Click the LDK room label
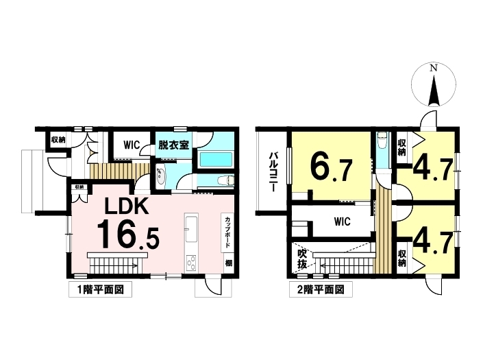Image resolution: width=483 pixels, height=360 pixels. pos(127,206)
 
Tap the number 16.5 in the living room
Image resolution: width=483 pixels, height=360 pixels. pos(128,235)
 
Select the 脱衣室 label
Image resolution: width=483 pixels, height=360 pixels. pos(173,145)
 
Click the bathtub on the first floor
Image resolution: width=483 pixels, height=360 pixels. pos(216,159)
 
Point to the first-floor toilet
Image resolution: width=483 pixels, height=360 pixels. pos(225,180)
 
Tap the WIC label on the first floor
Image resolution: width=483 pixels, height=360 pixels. pos(132,145)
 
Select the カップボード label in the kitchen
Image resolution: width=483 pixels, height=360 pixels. pos(227,232)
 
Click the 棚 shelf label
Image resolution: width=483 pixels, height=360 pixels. pos(228,263)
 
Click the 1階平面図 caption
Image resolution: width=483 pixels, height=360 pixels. pos(100,290)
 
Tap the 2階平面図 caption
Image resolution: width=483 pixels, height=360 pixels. pos(321,290)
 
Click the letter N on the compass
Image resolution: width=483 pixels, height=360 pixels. pos(434,69)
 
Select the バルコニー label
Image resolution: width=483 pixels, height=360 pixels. pos(273,171)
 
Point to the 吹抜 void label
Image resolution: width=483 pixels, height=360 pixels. pos(302,259)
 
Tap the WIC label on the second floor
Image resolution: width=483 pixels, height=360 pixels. pos(343,221)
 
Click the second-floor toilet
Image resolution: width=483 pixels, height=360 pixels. pos(382,141)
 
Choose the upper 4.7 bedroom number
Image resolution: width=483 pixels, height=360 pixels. pos(432,170)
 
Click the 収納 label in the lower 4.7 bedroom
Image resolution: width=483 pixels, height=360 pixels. pos(401,259)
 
